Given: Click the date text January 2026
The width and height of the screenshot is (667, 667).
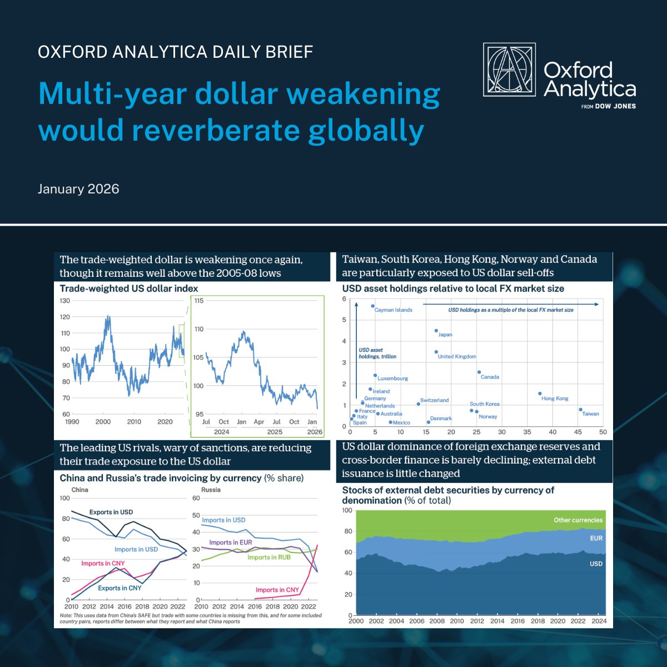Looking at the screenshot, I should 78,189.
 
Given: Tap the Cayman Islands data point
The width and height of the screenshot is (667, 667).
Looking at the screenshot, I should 373,306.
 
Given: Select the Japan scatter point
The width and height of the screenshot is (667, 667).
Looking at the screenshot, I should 436,331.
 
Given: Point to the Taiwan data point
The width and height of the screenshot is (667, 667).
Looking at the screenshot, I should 580,410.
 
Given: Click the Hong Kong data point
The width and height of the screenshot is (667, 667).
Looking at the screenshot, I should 540,394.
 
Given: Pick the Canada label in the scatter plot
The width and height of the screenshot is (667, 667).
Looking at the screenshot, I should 490,377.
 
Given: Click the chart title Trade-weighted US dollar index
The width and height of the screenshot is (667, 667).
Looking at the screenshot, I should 128,288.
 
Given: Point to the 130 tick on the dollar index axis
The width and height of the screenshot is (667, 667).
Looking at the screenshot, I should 64,301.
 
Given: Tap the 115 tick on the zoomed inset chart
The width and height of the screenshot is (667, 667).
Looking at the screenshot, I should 198,301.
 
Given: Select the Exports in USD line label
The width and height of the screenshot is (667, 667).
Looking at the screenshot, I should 111,512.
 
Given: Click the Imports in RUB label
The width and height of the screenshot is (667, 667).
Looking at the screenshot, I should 269,557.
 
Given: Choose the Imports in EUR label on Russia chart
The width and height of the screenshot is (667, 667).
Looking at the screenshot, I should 231,542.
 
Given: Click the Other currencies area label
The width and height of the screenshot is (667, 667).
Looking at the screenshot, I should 578,520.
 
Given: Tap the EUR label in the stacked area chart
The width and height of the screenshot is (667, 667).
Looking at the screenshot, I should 596,538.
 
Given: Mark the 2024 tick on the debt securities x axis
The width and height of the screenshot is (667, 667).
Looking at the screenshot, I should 599,621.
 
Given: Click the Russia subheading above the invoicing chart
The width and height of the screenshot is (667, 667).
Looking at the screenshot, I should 211,490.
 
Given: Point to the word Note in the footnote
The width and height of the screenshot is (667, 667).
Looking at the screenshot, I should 66,616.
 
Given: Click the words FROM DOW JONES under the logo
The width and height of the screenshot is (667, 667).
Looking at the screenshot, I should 608,106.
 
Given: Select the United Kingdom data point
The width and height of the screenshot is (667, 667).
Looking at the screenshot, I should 436,352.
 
